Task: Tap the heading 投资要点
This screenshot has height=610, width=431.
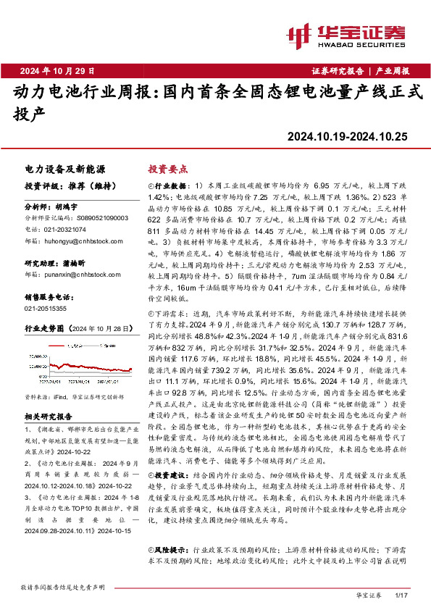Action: [168, 168]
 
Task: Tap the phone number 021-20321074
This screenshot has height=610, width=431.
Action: [66, 227]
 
